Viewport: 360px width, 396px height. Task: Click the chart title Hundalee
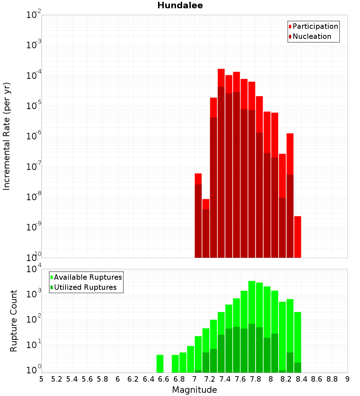[180, 5]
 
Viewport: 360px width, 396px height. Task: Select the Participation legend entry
[315, 26]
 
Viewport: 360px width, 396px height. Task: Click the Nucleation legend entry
[312, 36]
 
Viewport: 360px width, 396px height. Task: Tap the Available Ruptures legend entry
[88, 277]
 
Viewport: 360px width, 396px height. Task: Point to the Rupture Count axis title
[14, 321]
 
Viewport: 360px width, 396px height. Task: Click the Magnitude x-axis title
[194, 390]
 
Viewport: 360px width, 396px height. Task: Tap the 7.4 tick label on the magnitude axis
[225, 379]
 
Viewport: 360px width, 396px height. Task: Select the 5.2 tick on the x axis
[57, 379]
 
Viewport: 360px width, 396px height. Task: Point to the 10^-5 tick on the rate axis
[34, 106]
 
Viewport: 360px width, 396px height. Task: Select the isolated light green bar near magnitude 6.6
[160, 364]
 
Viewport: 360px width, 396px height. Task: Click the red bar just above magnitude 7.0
[198, 179]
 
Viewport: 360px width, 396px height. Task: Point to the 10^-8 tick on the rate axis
[34, 197]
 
